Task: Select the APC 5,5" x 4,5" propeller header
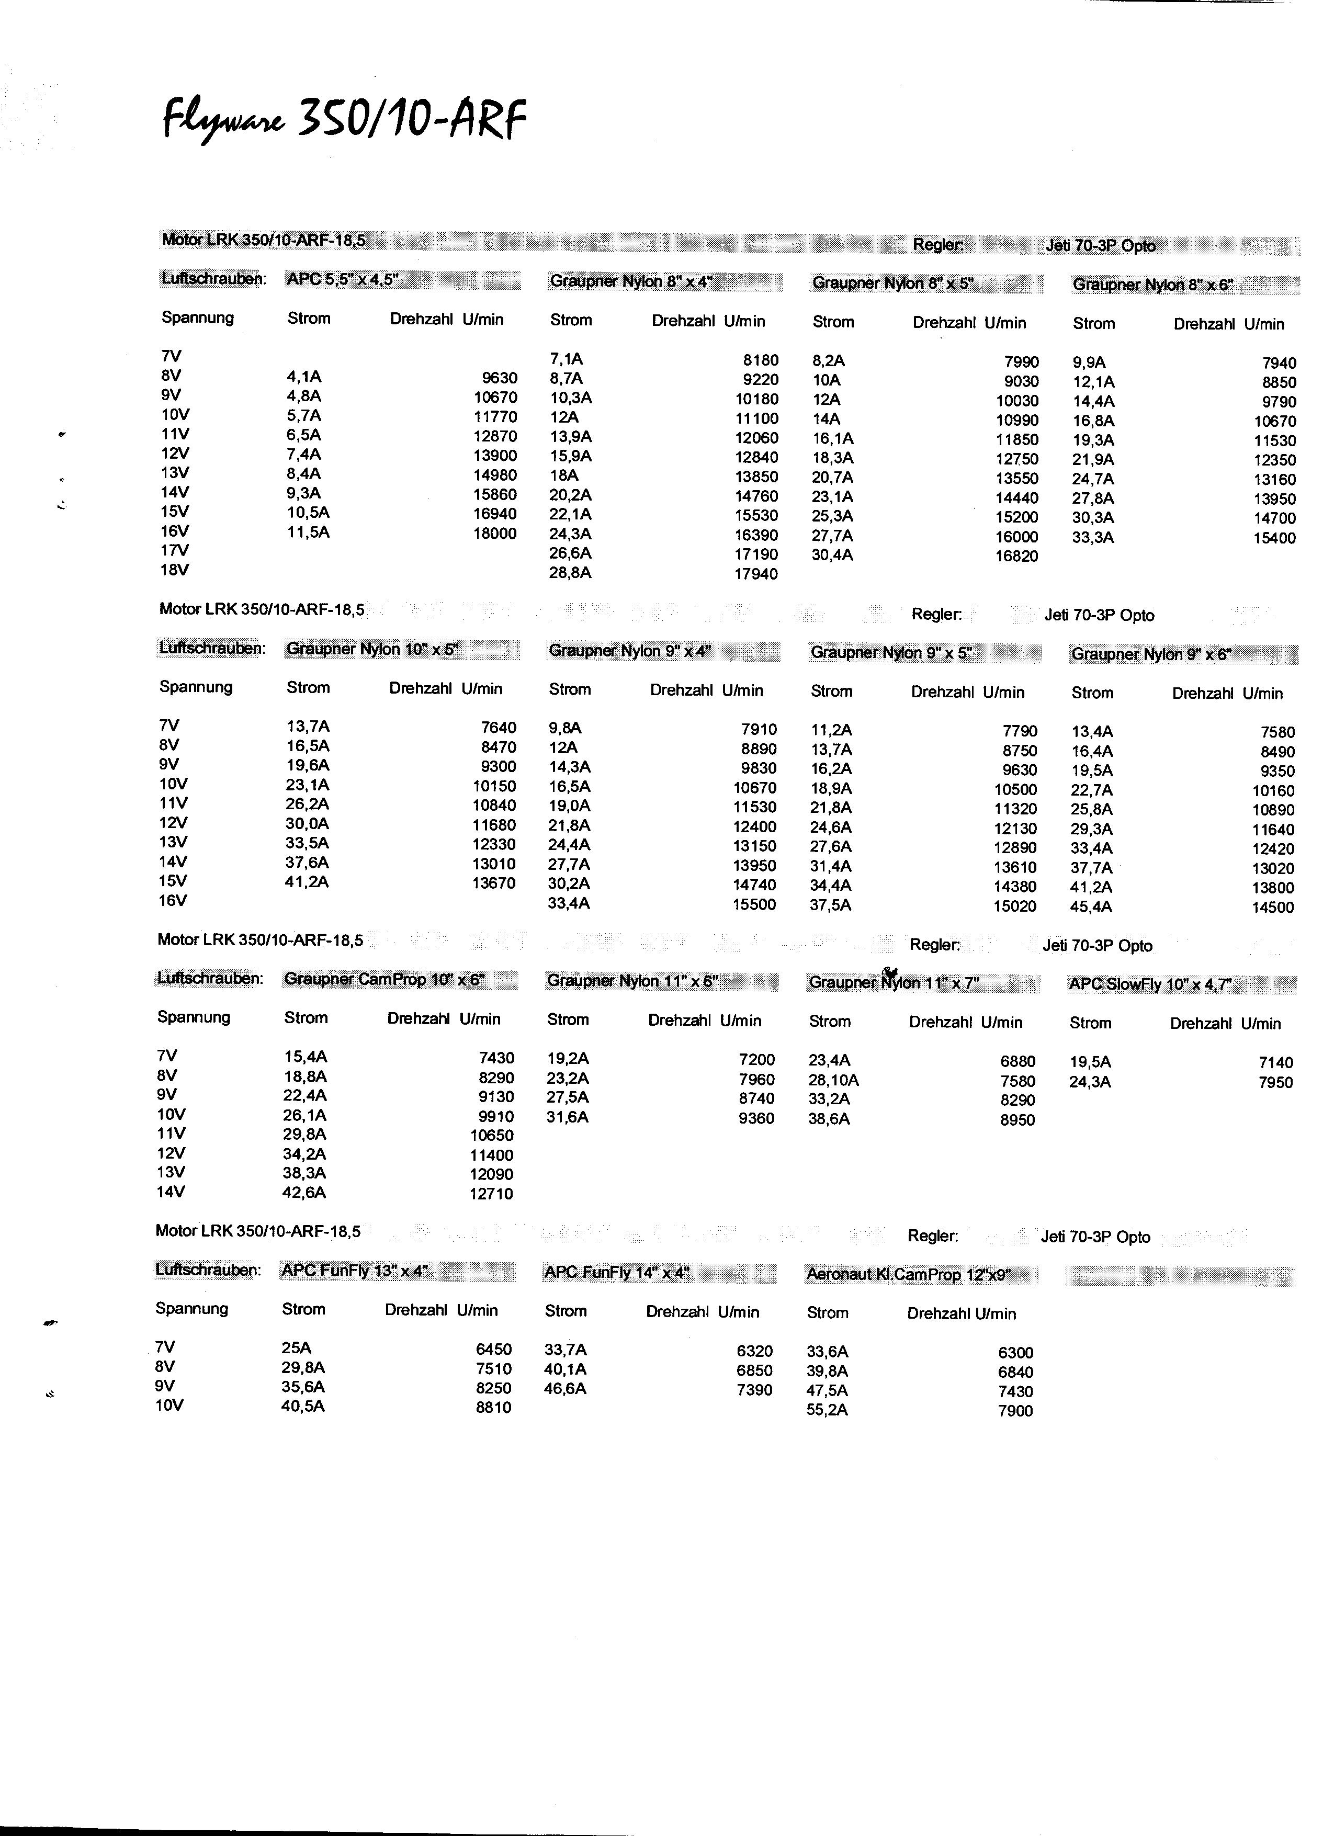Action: tap(343, 280)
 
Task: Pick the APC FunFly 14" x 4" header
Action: tap(616, 1273)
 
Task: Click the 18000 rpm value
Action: tap(494, 534)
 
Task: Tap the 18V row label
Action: tap(174, 570)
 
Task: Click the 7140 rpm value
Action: tap(1276, 1063)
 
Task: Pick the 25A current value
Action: tap(296, 1348)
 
